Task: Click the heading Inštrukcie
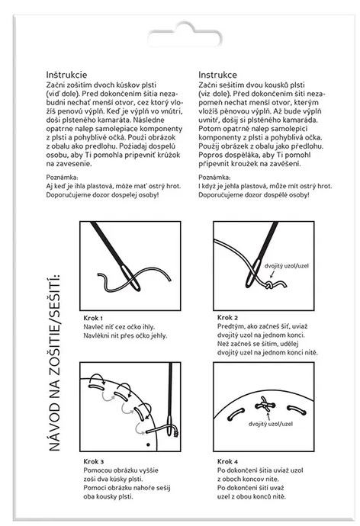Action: coord(66,75)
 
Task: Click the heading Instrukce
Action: coord(217,75)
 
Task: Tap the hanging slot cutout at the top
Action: coord(184,36)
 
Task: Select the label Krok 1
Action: coord(93,318)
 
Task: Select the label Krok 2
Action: coord(227,317)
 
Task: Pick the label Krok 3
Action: coord(93,462)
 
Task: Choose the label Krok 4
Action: coord(227,462)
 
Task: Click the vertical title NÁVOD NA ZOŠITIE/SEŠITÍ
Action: coord(54,363)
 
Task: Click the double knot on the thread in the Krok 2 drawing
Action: coord(269,286)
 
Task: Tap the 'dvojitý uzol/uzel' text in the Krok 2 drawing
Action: coord(287,266)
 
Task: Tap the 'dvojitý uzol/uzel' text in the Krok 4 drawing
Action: coord(271,424)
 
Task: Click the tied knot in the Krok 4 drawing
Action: coord(265,406)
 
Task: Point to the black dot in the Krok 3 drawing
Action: coord(148,445)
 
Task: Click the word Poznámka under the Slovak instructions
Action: coord(62,177)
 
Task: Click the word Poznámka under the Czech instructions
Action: coord(214,177)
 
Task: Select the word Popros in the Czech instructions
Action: coord(210,156)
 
